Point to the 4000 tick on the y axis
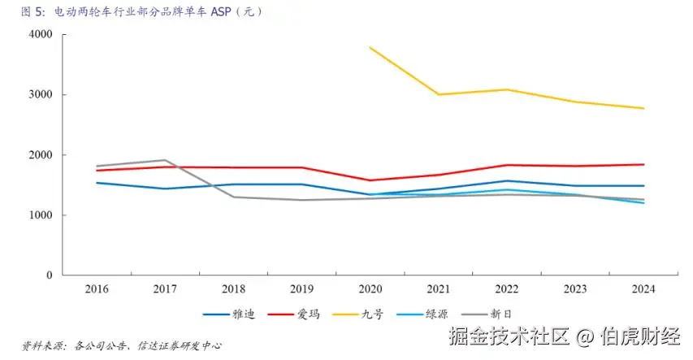coord(40,35)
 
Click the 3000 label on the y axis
coord(40,95)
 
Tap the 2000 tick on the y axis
coord(40,155)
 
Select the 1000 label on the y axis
coord(40,215)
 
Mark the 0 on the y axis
coord(49,275)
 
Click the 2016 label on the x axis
coord(97,289)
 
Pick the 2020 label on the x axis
coord(370,289)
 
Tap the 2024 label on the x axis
coord(643,289)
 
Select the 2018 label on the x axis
coord(234,289)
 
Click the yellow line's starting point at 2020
coord(370,48)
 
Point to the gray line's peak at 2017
coord(165,160)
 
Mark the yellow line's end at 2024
coord(643,108)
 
